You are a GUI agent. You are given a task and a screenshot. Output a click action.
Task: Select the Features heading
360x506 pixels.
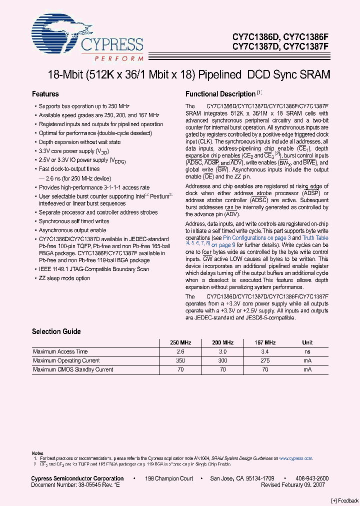(x=45, y=94)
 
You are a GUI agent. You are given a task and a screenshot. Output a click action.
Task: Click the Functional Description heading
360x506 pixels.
(x=220, y=94)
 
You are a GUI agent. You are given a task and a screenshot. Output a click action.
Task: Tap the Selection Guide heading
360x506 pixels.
(x=54, y=331)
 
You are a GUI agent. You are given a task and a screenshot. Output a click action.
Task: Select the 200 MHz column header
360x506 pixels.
(x=223, y=342)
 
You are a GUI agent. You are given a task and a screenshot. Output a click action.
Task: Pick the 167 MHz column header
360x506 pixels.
(x=265, y=342)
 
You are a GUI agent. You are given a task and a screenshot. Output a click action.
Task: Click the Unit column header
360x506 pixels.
(x=307, y=342)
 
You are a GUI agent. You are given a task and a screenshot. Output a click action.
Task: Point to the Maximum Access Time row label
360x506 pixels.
(x=60, y=351)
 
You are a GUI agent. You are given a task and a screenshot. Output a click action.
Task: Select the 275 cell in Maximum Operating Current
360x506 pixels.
(x=265, y=360)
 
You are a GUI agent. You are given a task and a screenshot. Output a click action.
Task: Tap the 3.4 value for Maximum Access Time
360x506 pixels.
(x=265, y=351)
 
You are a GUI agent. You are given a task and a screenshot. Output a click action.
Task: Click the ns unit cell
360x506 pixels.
(x=307, y=351)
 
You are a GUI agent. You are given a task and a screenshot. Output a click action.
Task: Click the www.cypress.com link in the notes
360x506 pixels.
(x=295, y=458)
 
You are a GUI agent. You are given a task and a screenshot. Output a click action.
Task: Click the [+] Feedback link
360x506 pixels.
(x=344, y=500)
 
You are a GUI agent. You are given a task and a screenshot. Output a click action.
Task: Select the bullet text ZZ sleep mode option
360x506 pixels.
(x=64, y=278)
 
